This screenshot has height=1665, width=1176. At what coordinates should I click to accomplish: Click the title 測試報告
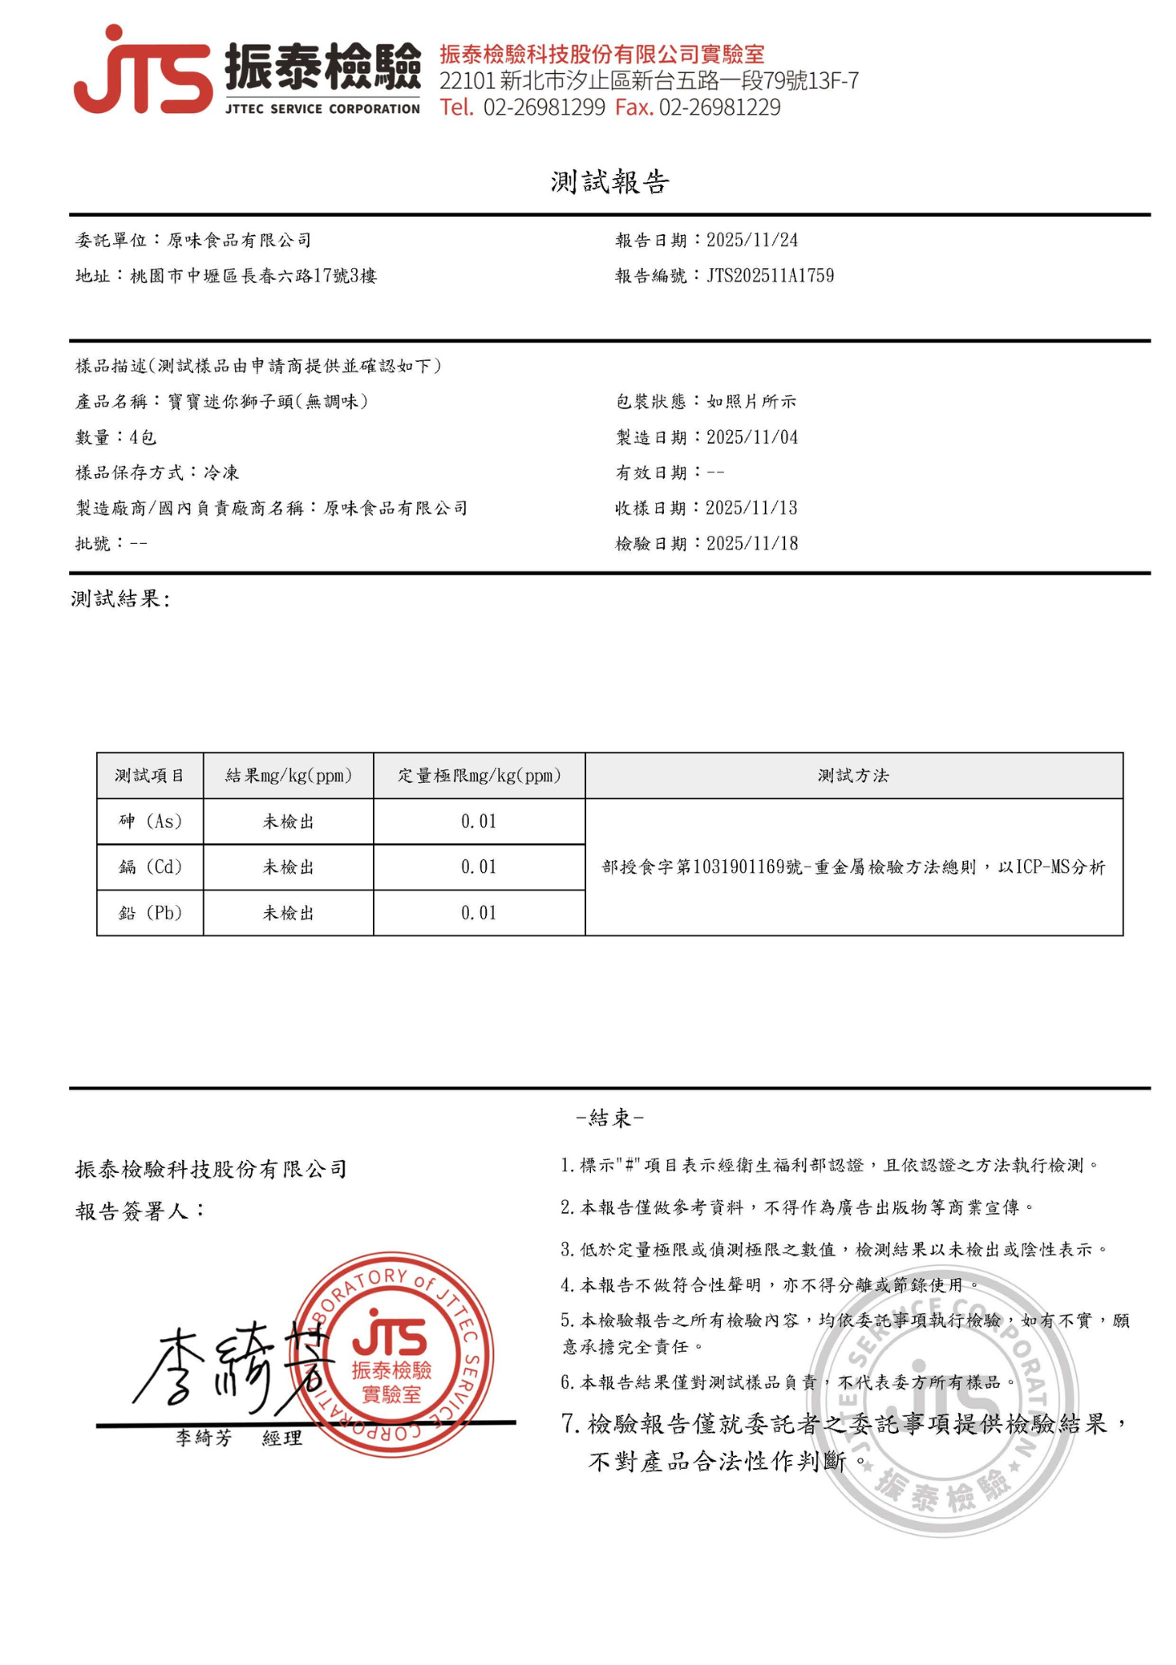(610, 182)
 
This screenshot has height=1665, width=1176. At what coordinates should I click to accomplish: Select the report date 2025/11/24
(752, 240)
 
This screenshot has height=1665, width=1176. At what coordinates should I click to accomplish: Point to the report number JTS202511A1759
(770, 276)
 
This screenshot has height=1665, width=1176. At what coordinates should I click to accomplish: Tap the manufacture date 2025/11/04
(752, 437)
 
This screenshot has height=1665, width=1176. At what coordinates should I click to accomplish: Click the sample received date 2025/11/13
(752, 508)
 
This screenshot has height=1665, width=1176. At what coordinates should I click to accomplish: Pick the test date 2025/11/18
(752, 543)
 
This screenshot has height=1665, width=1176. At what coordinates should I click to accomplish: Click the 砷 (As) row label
(150, 821)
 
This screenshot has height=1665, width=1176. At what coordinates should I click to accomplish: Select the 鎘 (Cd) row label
(150, 867)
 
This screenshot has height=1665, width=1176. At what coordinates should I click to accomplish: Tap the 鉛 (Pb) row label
(150, 913)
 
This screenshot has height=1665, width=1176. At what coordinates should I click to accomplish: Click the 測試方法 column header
(853, 776)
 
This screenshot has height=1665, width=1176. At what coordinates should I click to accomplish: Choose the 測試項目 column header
(150, 776)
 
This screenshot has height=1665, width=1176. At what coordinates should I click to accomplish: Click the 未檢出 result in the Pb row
(288, 913)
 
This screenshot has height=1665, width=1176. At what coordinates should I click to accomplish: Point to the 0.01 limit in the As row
(479, 821)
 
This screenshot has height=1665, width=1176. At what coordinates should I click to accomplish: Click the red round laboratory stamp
(392, 1354)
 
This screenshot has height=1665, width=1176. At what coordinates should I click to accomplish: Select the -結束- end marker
(610, 1118)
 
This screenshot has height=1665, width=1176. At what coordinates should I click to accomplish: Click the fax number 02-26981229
(719, 107)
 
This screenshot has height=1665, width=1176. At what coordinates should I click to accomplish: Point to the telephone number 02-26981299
(544, 107)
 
